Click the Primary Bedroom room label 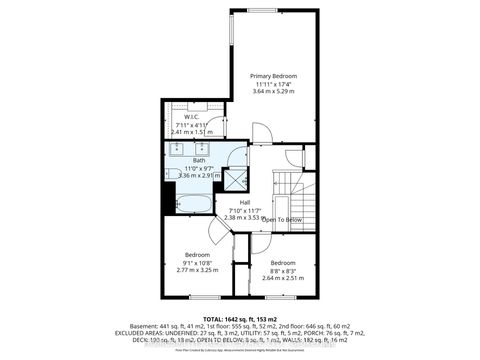point(273,76)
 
